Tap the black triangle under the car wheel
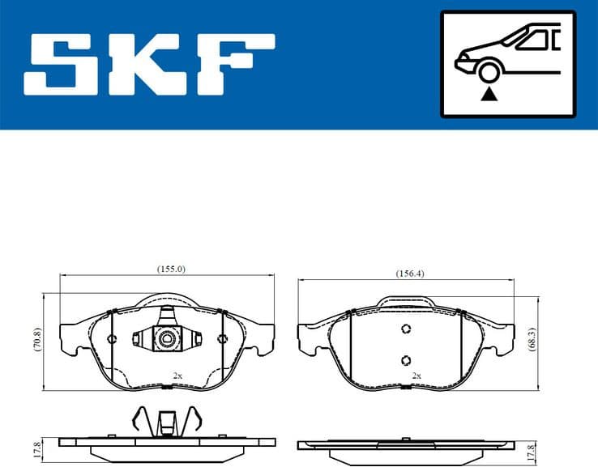pos(488,96)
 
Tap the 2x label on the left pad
pos(177,376)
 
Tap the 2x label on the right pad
pos(416,376)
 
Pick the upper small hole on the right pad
pos(407,329)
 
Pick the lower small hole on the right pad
pos(407,360)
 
